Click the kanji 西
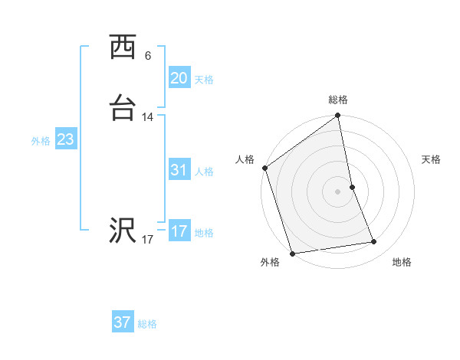[x=123, y=47]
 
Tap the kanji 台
[x=123, y=109]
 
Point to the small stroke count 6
[x=148, y=55]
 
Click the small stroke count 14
[x=148, y=117]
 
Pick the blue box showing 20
[x=179, y=78]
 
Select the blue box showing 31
[x=179, y=171]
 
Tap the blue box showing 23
[x=65, y=140]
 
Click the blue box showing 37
[x=123, y=322]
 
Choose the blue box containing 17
[x=179, y=231]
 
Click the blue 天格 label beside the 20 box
[x=204, y=80]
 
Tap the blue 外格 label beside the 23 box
[x=41, y=141]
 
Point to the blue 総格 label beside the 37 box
[x=147, y=324]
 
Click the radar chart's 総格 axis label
[x=338, y=100]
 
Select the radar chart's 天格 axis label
[x=431, y=159]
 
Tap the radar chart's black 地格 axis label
[x=402, y=262]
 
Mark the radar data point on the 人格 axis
[x=264, y=168]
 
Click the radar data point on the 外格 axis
[x=292, y=253]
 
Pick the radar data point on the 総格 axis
[x=338, y=116]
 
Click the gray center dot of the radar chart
[x=338, y=191]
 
